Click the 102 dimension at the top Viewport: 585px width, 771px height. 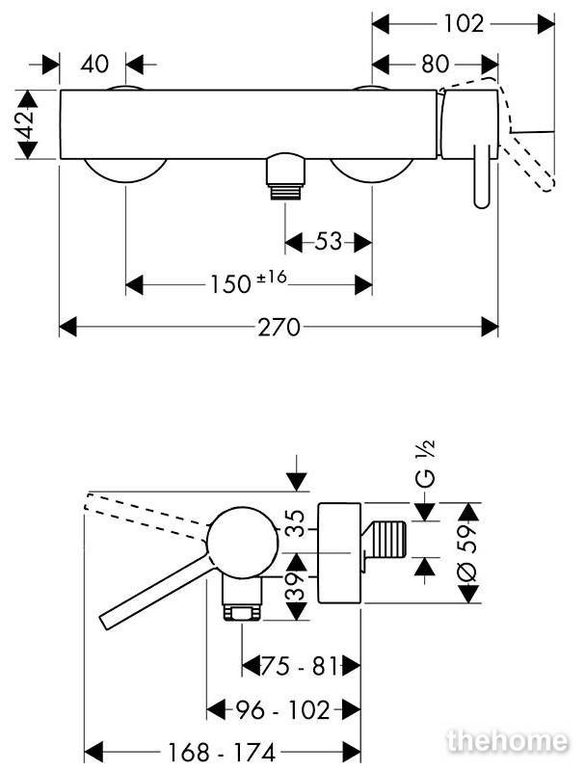(464, 23)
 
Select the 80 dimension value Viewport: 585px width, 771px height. (435, 64)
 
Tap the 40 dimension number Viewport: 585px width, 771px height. (94, 64)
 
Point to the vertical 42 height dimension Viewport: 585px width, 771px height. (26, 125)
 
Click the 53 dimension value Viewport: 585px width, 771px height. (328, 242)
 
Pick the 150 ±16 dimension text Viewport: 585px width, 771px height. (249, 281)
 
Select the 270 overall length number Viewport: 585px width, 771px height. (279, 327)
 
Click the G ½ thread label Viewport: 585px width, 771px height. (426, 464)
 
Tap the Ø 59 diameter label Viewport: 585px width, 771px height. (467, 553)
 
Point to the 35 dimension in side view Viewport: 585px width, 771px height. (296, 523)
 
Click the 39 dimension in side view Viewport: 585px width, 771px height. (296, 586)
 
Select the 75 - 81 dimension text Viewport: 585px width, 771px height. (300, 666)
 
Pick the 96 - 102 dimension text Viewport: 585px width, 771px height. (282, 710)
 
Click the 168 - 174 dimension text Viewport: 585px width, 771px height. (223, 752)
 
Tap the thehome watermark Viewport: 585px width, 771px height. (507, 740)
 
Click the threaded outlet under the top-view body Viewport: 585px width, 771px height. (285, 176)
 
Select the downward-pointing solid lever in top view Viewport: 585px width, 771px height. (482, 176)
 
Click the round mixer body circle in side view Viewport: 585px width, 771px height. (243, 542)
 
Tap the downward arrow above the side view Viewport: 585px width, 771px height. (297, 473)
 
